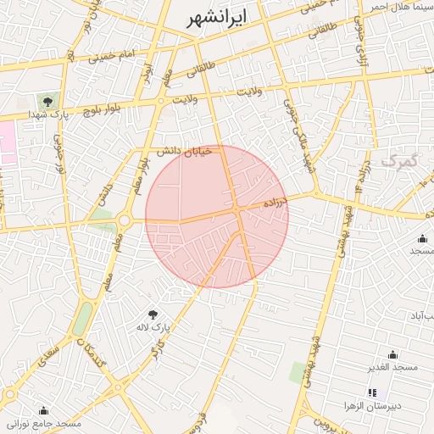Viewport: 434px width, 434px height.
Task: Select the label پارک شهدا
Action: [x=47, y=114]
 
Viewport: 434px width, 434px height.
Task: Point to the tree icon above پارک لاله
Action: [x=153, y=314]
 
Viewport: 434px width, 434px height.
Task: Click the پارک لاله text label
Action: [x=154, y=325]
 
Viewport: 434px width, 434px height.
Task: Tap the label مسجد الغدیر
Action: [x=392, y=366]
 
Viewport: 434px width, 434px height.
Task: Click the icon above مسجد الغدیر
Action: [x=392, y=353]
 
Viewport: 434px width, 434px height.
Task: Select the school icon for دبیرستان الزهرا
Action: [x=371, y=392]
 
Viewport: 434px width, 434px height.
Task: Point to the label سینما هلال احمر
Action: [x=401, y=7]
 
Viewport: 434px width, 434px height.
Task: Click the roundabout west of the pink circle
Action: [x=125, y=220]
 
